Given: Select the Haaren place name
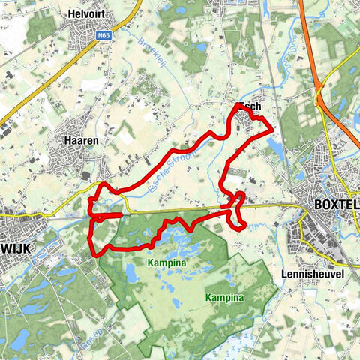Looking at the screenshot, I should point(82,140).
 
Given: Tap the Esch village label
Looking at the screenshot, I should point(250,106).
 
